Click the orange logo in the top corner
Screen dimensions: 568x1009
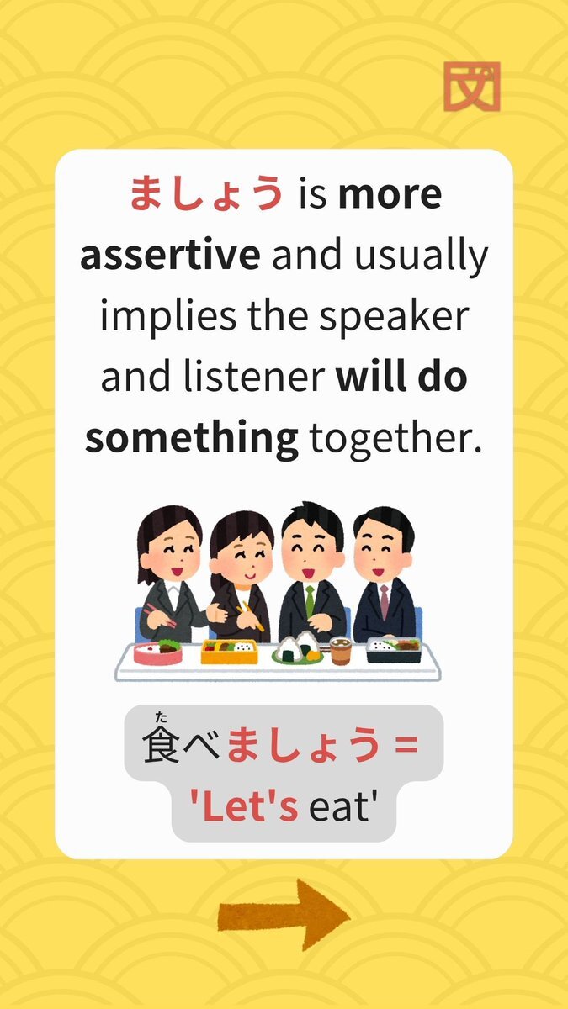click(472, 87)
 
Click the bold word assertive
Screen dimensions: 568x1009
click(170, 256)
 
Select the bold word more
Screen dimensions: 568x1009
click(390, 195)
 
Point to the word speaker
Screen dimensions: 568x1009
click(394, 317)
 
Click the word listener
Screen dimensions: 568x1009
click(254, 377)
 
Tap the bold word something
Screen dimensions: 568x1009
click(192, 439)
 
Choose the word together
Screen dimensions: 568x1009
click(395, 438)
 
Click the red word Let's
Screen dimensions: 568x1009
click(244, 806)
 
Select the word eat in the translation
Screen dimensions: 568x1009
click(342, 807)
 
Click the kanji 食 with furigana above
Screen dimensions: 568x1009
click(161, 745)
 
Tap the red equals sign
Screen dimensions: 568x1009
click(406, 745)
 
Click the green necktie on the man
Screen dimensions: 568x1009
click(310, 600)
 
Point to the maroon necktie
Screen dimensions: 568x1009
click(384, 601)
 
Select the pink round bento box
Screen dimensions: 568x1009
click(158, 653)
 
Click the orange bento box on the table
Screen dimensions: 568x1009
click(229, 652)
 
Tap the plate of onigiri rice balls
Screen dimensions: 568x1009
click(298, 647)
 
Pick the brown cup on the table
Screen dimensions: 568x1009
click(340, 651)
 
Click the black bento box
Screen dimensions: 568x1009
click(394, 649)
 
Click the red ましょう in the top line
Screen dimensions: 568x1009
click(206, 193)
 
